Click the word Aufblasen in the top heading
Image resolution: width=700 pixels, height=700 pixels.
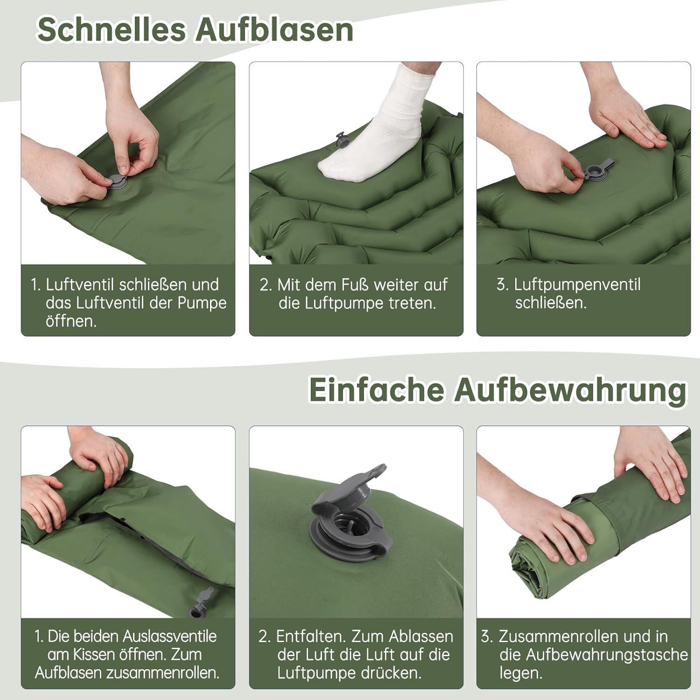pos(274,30)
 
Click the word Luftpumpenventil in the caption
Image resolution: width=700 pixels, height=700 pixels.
pos(577,284)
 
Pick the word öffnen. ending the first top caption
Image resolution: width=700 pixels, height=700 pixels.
pos(71,321)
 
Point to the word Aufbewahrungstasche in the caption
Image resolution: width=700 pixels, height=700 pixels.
pos(594,654)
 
